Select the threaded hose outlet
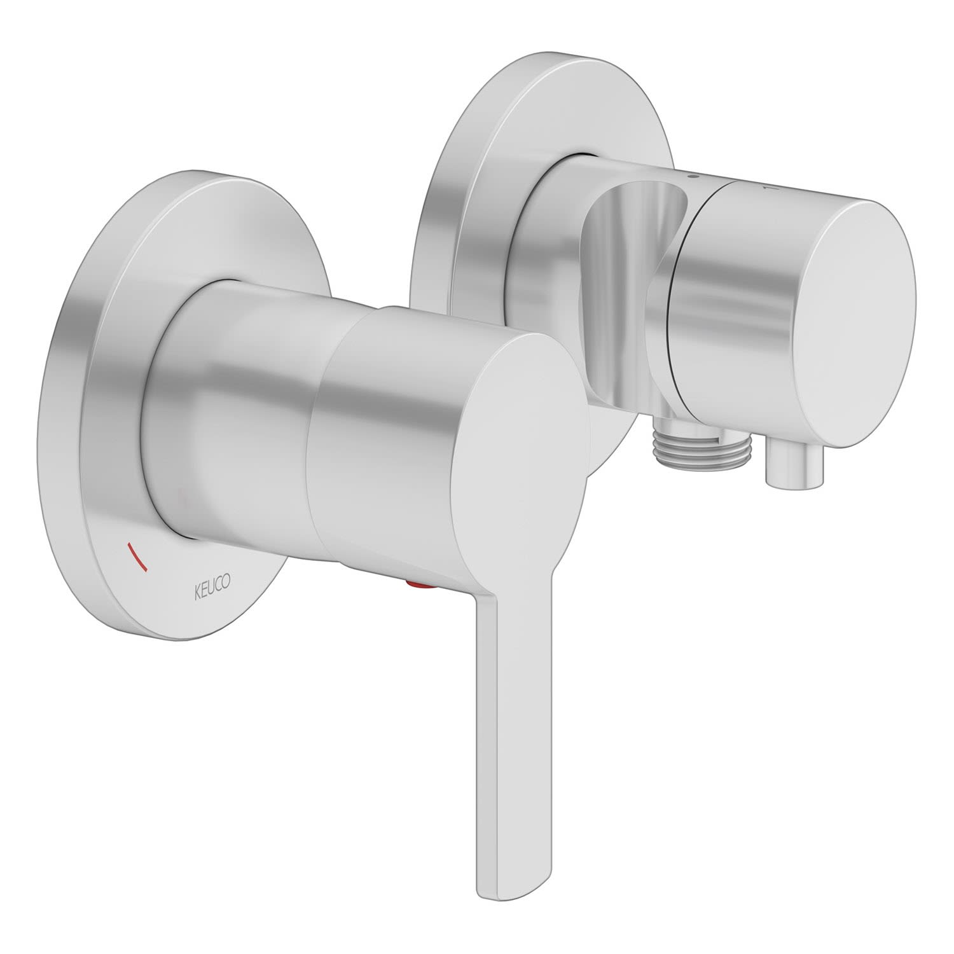pyautogui.click(x=687, y=442)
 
